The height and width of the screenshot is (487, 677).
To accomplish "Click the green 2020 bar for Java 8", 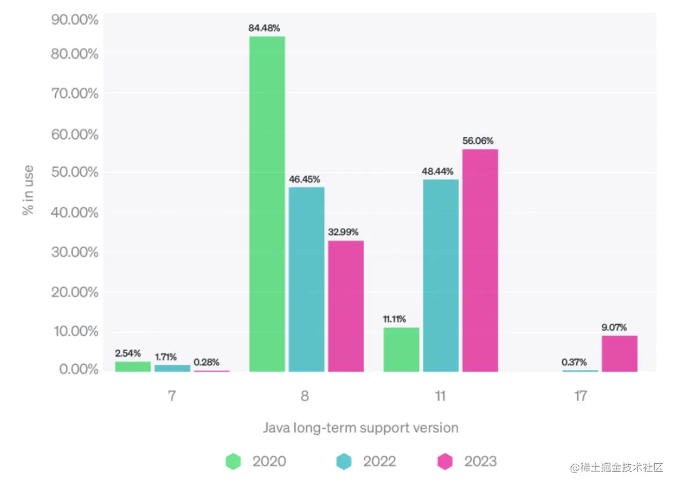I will click(267, 204).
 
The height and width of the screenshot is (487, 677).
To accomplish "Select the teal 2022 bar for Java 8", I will click(307, 279).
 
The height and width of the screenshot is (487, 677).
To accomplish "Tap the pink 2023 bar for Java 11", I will click(480, 260).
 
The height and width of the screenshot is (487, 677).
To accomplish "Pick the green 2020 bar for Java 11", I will click(401, 350).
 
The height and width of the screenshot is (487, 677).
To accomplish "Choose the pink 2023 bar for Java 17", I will click(619, 354).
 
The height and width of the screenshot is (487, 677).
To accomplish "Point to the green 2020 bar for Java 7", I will click(133, 367).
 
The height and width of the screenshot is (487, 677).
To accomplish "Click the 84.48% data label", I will click(265, 28).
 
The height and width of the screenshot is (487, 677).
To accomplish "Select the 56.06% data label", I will click(478, 141).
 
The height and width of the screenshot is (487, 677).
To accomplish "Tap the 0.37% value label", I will click(574, 362).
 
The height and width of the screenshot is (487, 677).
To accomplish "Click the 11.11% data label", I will click(394, 319).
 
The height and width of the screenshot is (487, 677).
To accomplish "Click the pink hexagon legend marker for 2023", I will click(446, 461).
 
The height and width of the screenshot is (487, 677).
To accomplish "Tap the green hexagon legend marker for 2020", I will click(233, 461).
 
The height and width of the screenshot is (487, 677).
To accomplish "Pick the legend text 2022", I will click(379, 461).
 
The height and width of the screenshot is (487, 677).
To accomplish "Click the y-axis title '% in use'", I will click(28, 191).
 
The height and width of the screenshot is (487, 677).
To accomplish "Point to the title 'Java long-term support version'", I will click(361, 428).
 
